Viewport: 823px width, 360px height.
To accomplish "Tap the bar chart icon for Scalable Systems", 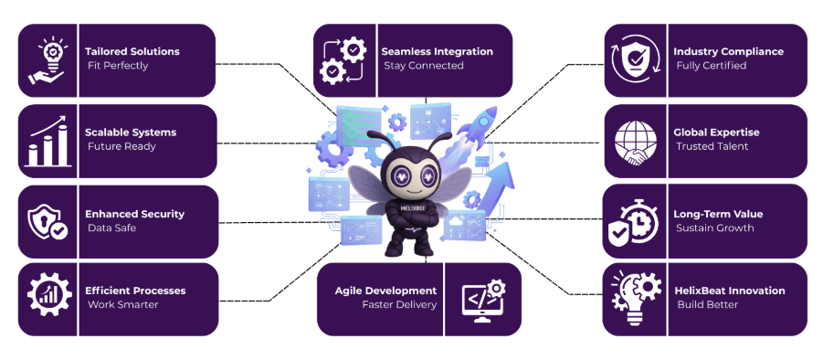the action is pos(49,142).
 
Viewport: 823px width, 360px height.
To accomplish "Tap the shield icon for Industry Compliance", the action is pos(637,60).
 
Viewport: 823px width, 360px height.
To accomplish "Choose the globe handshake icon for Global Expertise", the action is pos(637,142).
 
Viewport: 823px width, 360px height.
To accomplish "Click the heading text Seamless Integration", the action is pos(437,52).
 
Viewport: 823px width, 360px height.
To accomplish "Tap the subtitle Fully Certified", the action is pos(711,66).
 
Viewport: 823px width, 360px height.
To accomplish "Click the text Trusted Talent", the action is pos(712,146).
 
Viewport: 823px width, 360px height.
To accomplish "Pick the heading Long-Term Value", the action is pos(718,214).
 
